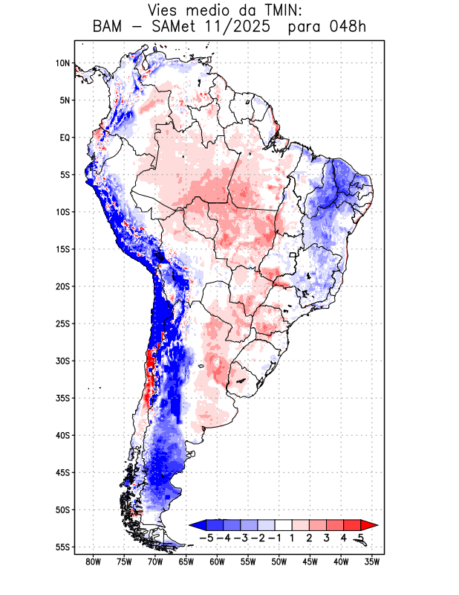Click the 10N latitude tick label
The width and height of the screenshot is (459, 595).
pos(62,63)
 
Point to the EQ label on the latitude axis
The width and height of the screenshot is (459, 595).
pos(65,138)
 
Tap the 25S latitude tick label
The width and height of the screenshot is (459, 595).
pos(62,324)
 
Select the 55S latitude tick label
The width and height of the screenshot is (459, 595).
pos(62,547)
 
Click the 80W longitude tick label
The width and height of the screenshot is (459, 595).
pos(93,562)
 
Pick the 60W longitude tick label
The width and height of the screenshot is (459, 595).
pos(217,562)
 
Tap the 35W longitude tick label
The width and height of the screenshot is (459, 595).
pos(372,562)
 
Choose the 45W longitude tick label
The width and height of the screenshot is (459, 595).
pos(310,562)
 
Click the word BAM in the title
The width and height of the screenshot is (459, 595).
pos(109,28)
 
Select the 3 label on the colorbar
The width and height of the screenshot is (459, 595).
pos(327,537)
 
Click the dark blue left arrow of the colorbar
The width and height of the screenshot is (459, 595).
pos(196,524)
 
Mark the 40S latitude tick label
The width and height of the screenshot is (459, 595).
pos(62,436)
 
